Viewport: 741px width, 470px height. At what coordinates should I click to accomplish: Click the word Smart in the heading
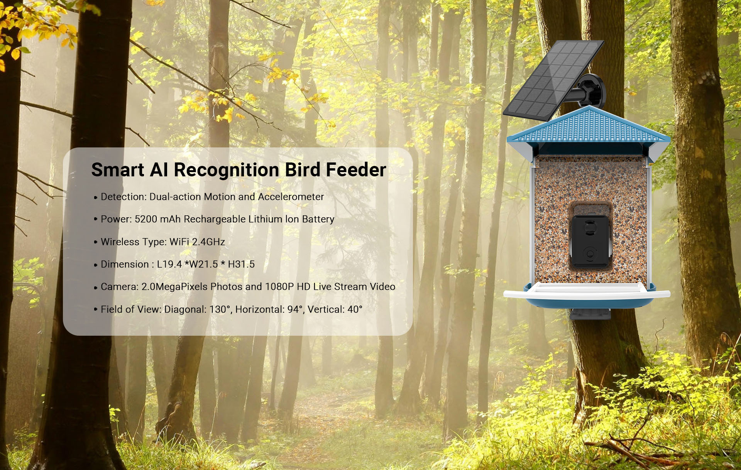[x=118, y=170]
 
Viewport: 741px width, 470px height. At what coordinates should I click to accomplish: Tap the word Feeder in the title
[x=356, y=170]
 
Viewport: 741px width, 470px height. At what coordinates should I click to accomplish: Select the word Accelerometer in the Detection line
[x=291, y=197]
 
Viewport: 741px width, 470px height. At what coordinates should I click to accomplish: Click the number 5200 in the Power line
[x=146, y=219]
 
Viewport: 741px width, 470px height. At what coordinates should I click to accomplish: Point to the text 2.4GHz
[x=208, y=242]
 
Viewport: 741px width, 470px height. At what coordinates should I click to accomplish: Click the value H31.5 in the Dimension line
[x=241, y=264]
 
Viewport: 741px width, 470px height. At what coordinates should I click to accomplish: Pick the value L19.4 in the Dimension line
[x=169, y=264]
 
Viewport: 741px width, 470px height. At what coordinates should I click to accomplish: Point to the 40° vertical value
[x=355, y=309]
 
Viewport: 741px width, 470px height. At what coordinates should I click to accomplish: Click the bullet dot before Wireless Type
[x=96, y=242]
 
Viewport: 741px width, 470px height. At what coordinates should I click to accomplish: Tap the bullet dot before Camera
[x=96, y=287]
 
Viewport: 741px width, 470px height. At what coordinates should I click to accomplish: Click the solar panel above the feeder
[x=553, y=80]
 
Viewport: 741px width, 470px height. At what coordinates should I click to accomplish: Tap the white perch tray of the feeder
[x=587, y=291]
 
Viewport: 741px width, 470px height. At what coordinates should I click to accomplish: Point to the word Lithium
[x=265, y=219]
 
